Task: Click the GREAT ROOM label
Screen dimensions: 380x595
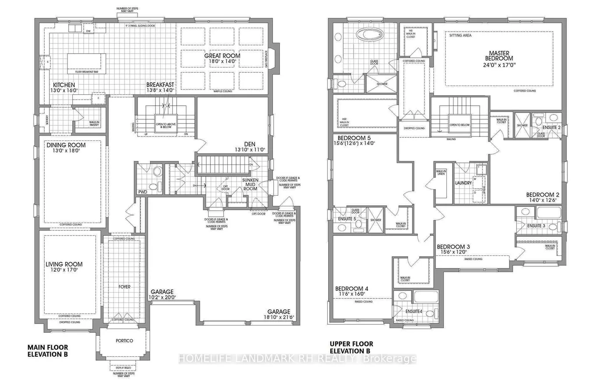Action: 222,56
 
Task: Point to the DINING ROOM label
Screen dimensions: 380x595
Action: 66,145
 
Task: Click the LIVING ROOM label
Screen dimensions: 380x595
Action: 64,264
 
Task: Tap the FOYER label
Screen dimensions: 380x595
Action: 124,287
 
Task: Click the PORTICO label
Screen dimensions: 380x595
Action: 124,341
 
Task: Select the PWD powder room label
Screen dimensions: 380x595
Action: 142,192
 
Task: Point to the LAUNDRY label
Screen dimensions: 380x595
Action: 463,183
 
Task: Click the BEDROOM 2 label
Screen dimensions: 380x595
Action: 542,194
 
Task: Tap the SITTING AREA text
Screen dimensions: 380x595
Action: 460,36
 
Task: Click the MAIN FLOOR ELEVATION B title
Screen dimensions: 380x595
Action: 48,350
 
